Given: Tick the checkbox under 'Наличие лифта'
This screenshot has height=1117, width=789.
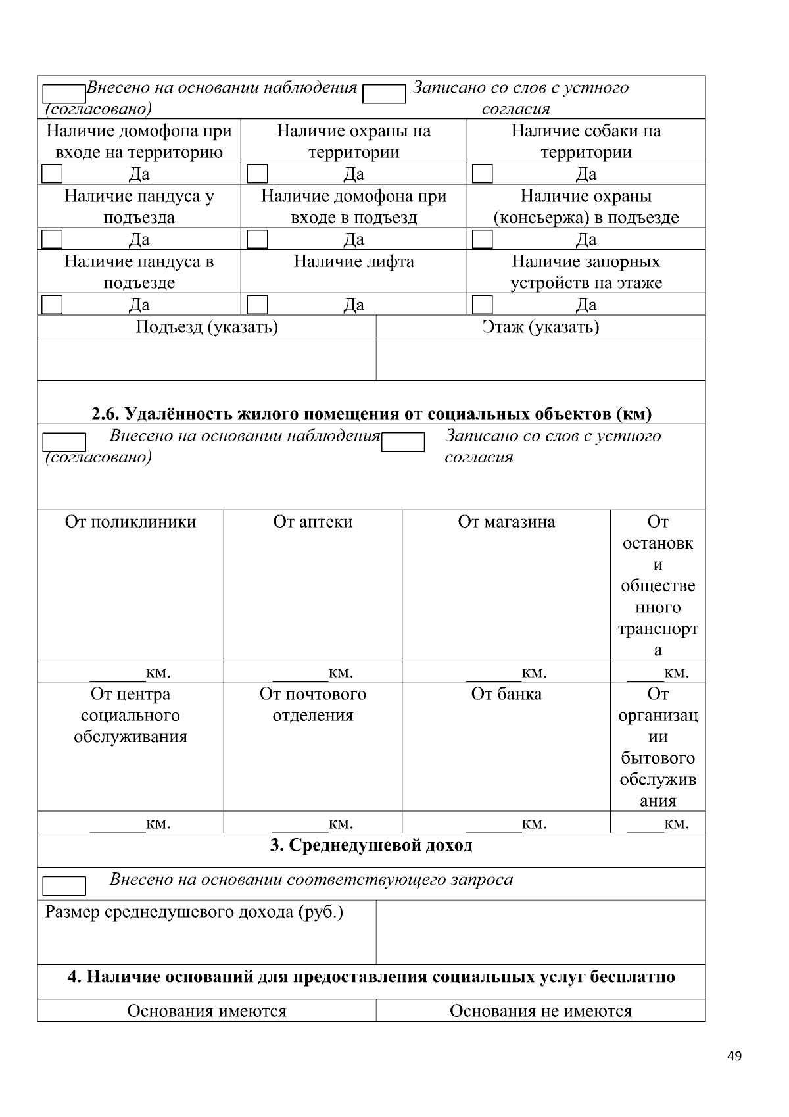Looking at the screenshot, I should coord(257,305).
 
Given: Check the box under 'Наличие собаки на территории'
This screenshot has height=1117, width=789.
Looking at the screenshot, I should coord(483,174).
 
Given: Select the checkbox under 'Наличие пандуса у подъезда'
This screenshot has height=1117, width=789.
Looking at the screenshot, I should coord(52,239).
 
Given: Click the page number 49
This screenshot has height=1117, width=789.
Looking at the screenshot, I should coord(734,1056).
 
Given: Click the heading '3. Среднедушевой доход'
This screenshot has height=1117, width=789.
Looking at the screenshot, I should coord(371,845).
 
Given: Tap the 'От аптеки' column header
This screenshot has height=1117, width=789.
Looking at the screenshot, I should coord(312,522).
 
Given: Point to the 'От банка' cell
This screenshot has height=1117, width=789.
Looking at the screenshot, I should coord(506,695).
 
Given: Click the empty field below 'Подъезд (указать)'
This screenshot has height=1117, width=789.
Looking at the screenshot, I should coord(206,359).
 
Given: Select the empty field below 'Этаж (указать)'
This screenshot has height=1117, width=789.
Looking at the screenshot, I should coord(540,359).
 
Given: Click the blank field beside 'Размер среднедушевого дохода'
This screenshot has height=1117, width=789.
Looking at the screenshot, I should coord(540,931).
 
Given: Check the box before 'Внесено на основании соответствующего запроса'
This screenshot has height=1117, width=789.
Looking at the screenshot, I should coord(64,885).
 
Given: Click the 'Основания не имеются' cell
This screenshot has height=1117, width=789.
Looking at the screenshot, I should coord(540,1011).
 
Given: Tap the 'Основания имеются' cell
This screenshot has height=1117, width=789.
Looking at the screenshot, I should coord(206,1011).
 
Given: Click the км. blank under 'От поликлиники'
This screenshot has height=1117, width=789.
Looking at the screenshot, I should coord(117,672).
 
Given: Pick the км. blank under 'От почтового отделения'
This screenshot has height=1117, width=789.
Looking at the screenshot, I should coord(300,824).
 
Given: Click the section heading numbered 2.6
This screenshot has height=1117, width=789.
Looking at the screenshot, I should coord(371,414).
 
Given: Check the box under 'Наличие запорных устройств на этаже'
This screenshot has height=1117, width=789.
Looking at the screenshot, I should coord(483,305).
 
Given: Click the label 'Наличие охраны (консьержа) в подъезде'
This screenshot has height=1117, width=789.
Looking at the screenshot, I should coord(586,207).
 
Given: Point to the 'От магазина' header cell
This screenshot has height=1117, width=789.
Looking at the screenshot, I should coord(506,522).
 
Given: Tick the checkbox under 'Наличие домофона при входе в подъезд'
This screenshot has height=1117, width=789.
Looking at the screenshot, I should coord(257,239).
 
